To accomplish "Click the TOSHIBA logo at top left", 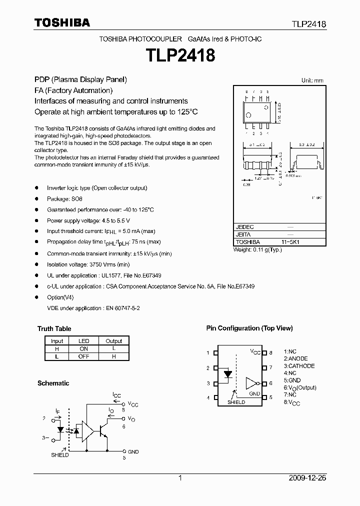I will pyautogui.click(x=62, y=22).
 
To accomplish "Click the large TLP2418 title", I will pyautogui.click(x=180, y=55).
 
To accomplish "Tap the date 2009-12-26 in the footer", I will pyautogui.click(x=307, y=478).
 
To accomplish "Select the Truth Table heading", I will pyautogui.click(x=54, y=328).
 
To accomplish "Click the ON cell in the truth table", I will pyautogui.click(x=83, y=348).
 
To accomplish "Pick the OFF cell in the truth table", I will pyautogui.click(x=83, y=356).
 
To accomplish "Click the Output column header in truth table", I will pyautogui.click(x=113, y=340).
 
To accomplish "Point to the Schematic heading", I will pyautogui.click(x=53, y=383).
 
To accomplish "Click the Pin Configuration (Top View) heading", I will pyautogui.click(x=249, y=328).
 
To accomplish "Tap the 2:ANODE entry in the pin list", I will pyautogui.click(x=295, y=358).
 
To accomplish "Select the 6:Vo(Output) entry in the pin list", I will pyautogui.click(x=300, y=387).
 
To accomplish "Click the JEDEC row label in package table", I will pyautogui.click(x=244, y=226).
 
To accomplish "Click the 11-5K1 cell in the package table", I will pyautogui.click(x=290, y=241).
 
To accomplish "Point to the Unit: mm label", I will pyautogui.click(x=312, y=80).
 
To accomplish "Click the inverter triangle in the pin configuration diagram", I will pyautogui.click(x=250, y=383).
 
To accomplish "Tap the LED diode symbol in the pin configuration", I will pyautogui.click(x=228, y=373).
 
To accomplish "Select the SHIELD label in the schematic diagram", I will pyautogui.click(x=60, y=455).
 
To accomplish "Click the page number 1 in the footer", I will pyautogui.click(x=180, y=478).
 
